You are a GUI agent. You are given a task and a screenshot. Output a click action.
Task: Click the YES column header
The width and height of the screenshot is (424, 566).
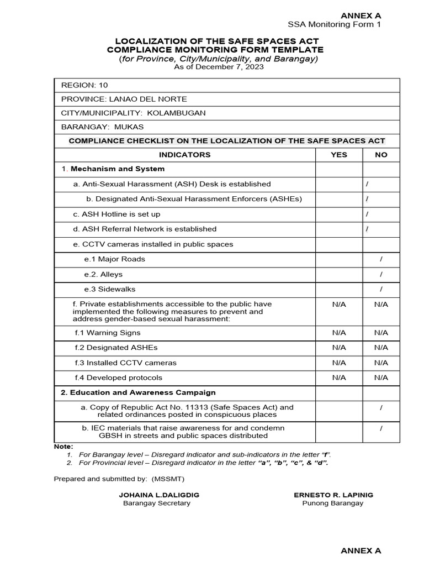click(338, 155)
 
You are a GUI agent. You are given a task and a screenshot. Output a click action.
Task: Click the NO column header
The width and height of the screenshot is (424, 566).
click(381, 155)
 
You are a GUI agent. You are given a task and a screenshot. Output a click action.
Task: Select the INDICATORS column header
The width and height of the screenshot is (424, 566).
click(184, 155)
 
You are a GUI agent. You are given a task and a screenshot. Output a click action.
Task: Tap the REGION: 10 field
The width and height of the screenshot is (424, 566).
click(79, 85)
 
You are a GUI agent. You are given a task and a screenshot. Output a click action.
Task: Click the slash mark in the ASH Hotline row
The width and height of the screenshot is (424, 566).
click(367, 214)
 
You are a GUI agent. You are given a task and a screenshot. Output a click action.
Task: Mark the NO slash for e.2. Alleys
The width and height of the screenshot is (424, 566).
click(381, 274)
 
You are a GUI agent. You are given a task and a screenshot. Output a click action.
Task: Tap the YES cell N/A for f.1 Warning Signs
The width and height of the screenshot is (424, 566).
click(338, 333)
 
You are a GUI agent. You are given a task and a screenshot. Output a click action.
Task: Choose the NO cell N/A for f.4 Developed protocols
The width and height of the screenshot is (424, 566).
click(381, 378)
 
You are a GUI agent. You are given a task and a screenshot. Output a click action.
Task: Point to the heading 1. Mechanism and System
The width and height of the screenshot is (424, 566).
click(113, 169)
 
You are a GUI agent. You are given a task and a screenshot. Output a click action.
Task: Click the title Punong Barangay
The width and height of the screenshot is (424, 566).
click(332, 504)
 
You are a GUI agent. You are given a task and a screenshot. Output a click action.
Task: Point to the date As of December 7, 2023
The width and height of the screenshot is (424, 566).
click(219, 67)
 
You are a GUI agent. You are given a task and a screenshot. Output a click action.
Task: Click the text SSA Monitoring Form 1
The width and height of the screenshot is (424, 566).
click(334, 24)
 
